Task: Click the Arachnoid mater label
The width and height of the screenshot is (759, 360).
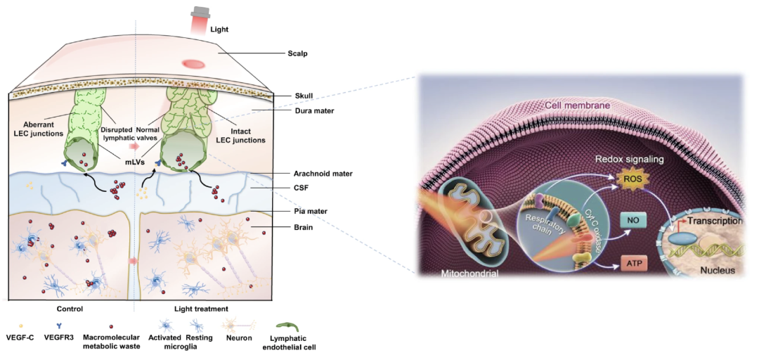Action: pos(323,173)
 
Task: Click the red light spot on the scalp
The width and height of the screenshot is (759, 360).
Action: pos(192,64)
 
